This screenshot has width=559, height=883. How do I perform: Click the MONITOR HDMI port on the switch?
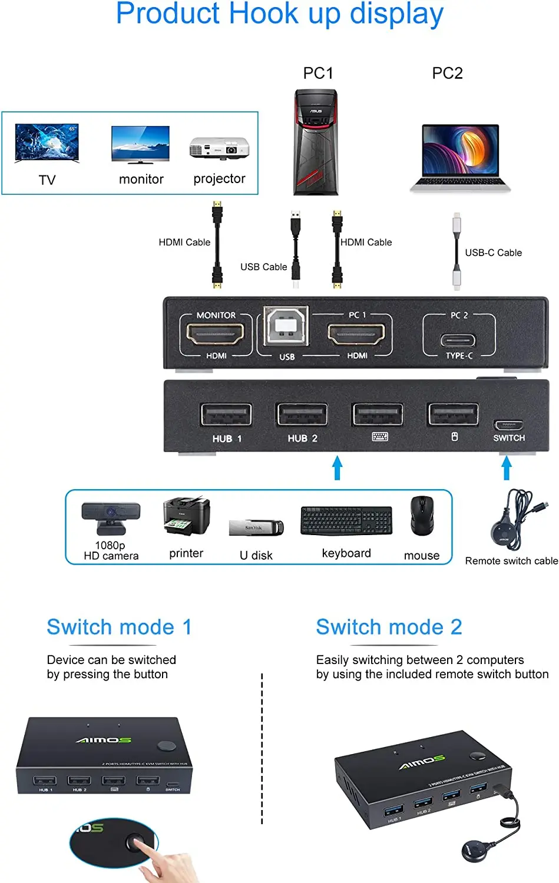coord(216,334)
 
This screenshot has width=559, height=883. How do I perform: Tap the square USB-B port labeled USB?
coord(286,326)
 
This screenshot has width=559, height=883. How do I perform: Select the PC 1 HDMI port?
coord(357,334)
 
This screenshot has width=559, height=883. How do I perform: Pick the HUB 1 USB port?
coord(226,414)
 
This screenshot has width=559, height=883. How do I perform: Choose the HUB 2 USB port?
coord(302,414)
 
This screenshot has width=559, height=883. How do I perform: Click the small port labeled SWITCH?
coord(509,425)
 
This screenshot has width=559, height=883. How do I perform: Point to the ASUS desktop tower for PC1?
coord(316,142)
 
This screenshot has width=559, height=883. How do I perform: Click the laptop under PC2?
coord(461,157)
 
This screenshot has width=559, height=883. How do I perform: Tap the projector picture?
coord(219,147)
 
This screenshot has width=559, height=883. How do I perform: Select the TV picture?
coord(47,142)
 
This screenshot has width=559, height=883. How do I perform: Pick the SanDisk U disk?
coord(256,527)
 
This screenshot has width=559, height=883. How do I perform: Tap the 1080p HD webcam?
coord(111,516)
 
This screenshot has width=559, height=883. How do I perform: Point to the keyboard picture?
coord(346,520)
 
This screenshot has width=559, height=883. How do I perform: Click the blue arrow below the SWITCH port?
coord(506,469)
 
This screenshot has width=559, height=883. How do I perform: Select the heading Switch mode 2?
coord(389,627)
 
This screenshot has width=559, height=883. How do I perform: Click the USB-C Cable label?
coord(493,253)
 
